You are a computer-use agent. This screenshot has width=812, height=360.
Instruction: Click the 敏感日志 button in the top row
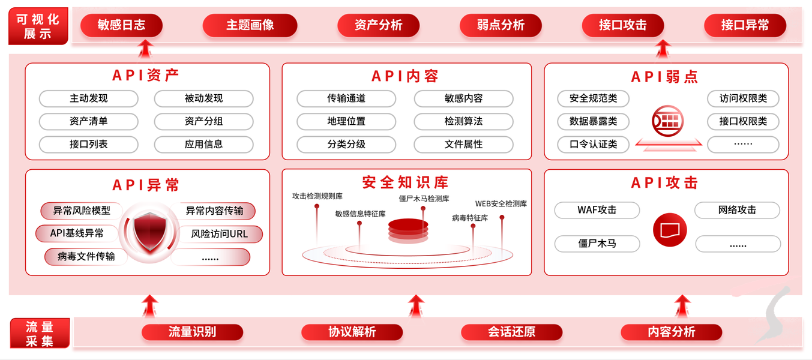tap(121, 25)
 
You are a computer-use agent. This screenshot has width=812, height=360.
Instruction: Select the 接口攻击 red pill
tap(622, 25)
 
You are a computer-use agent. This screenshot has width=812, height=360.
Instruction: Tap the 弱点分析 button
tap(501, 25)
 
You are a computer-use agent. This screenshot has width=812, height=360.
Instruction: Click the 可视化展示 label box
tap(38, 26)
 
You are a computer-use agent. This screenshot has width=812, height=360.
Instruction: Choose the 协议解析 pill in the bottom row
tap(352, 332)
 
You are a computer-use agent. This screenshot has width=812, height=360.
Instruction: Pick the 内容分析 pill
tap(671, 332)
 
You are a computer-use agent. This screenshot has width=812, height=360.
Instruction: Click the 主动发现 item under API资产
tap(88, 98)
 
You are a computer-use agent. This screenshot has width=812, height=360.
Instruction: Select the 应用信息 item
tap(203, 144)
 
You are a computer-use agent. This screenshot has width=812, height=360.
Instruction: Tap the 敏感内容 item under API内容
tap(463, 98)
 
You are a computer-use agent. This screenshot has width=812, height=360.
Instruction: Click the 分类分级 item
tap(346, 144)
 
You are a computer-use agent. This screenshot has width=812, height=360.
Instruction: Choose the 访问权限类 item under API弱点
tap(743, 98)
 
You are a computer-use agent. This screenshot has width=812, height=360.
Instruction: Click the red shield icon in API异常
tap(148, 232)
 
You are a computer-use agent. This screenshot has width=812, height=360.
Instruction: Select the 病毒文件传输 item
tap(86, 257)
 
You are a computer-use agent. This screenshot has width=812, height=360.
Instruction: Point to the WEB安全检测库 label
tap(501, 204)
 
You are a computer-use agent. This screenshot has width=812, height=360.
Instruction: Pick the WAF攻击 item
tap(597, 210)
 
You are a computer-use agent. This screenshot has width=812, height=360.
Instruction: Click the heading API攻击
tap(665, 182)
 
